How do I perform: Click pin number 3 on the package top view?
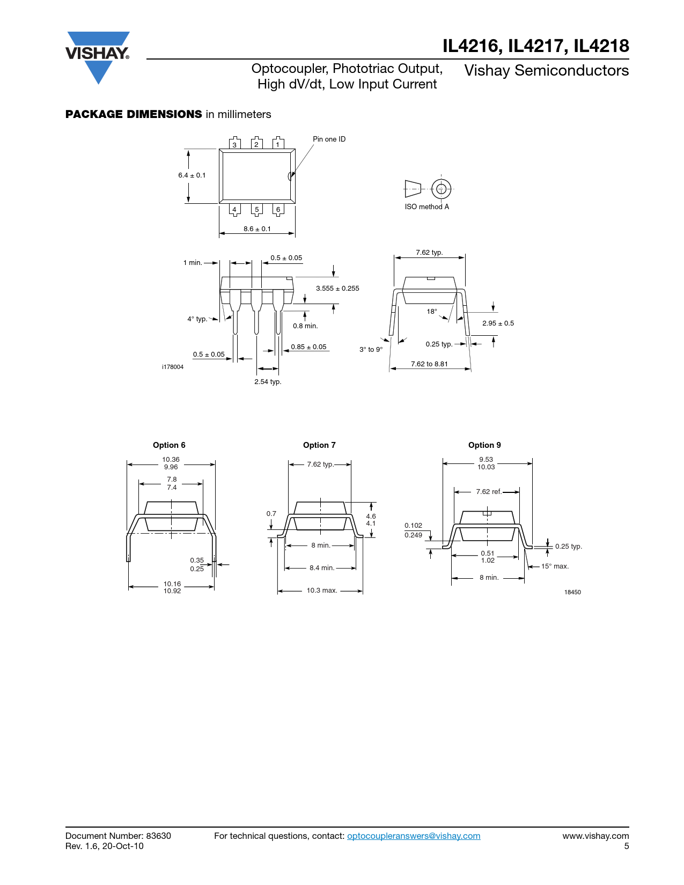click(234, 145)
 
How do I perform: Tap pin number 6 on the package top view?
click(278, 209)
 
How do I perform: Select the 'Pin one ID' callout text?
click(329, 139)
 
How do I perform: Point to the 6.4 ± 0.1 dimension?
click(192, 175)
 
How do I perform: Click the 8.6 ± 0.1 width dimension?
click(257, 229)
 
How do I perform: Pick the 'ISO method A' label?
click(426, 207)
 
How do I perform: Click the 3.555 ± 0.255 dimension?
click(337, 289)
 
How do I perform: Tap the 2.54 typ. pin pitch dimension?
click(268, 381)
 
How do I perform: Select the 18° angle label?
click(432, 312)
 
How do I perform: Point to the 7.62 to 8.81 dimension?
click(429, 364)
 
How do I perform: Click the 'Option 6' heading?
click(169, 445)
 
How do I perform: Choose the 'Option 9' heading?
click(484, 445)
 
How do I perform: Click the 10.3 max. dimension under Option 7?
click(322, 591)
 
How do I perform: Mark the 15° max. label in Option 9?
click(555, 566)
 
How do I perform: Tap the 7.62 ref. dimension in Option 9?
click(489, 491)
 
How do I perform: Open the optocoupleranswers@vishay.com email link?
click(414, 836)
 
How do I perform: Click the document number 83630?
click(158, 836)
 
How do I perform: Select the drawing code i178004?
click(173, 367)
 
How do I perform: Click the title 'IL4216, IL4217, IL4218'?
click(536, 46)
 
